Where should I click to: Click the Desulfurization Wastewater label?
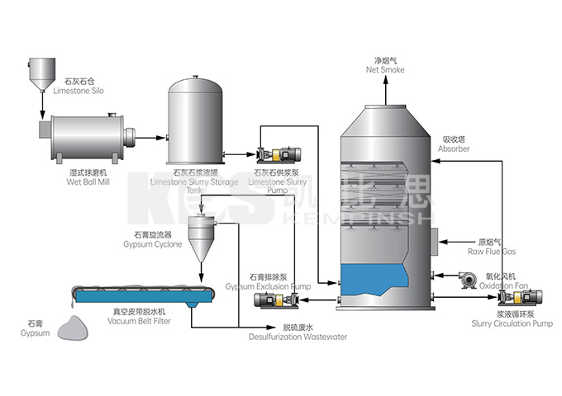298,332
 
